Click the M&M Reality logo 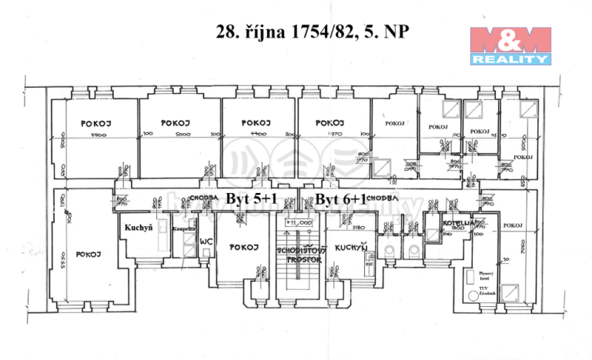(x=510, y=45)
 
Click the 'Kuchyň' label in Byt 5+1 (x=139, y=228)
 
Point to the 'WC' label (x=205, y=241)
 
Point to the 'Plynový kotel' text (x=485, y=275)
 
